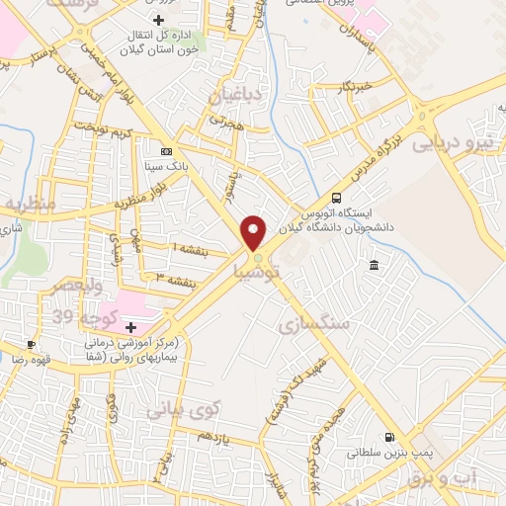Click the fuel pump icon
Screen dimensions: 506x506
(389, 439)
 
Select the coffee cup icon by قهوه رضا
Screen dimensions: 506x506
(32, 345)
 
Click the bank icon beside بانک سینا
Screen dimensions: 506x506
(167, 152)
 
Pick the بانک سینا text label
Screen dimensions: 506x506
(166, 168)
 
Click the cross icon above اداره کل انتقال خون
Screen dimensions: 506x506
(158, 21)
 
